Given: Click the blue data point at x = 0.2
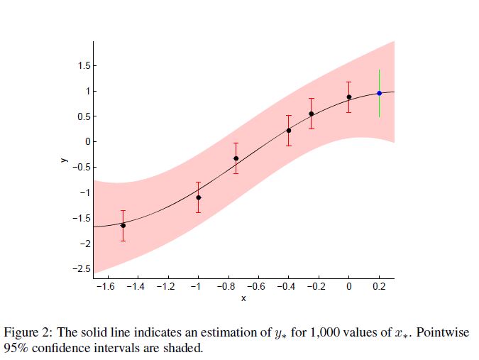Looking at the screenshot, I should (380, 93).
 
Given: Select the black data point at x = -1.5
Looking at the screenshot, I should (123, 225).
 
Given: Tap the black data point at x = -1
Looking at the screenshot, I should (198, 197).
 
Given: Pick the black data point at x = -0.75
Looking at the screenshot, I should (236, 158).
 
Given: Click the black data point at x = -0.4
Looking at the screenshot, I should (289, 130).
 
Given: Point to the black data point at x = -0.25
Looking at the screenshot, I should (312, 114).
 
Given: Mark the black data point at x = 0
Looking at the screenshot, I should (349, 97).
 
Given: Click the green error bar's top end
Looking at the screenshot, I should (380, 70).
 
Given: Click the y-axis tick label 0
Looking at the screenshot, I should (87, 142).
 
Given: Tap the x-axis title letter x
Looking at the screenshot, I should (243, 298).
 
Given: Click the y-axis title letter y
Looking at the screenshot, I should (63, 160).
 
